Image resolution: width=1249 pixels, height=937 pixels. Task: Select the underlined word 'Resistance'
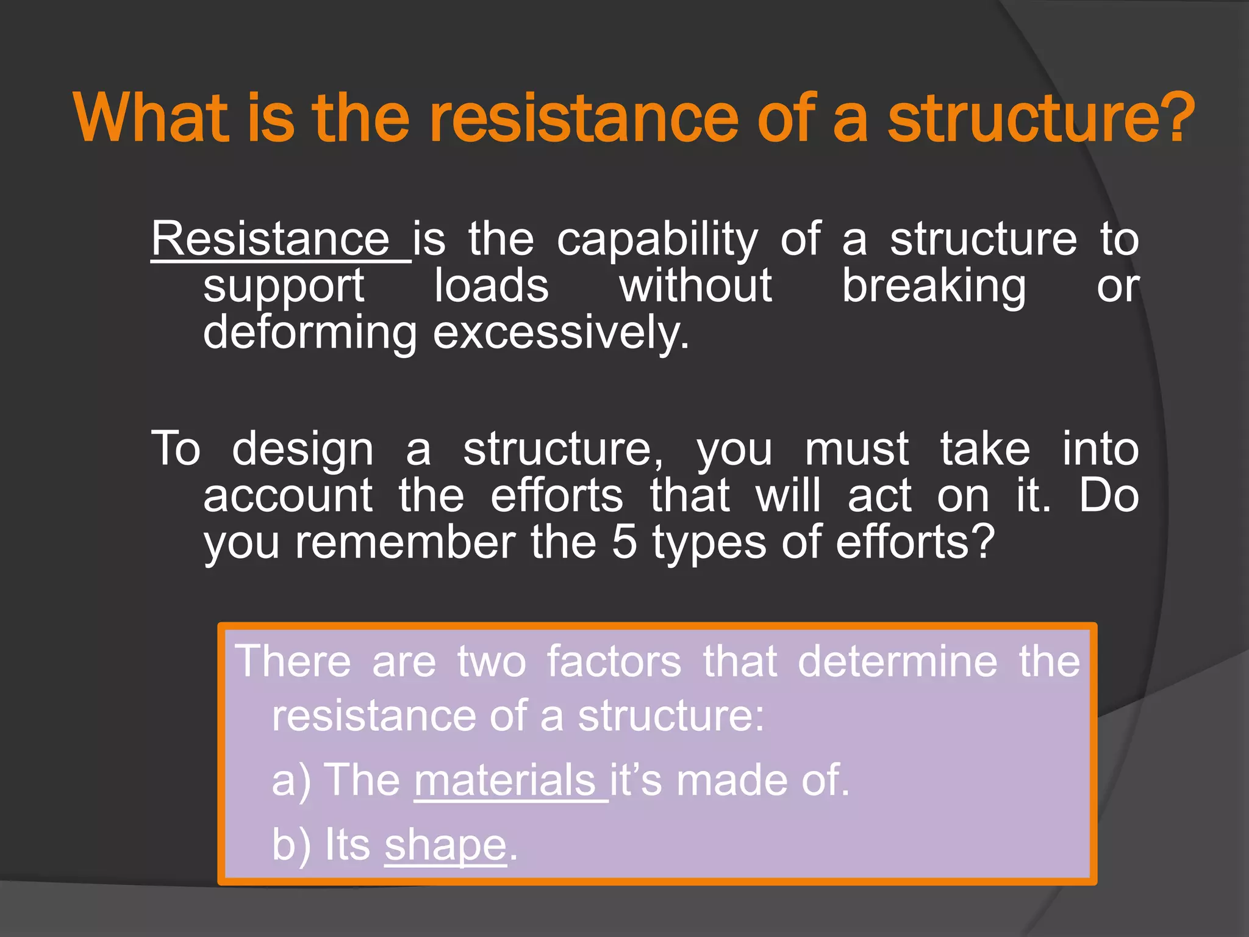tap(271, 239)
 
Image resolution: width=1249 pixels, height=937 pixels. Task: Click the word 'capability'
tap(657, 240)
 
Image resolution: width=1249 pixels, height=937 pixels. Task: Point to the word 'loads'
tap(491, 285)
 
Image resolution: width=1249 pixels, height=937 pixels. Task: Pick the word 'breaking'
tap(934, 287)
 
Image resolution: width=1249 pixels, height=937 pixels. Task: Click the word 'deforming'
tap(310, 333)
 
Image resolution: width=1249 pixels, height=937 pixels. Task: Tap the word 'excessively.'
tap(561, 333)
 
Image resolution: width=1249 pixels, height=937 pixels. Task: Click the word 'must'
tap(856, 449)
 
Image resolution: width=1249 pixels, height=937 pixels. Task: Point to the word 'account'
tap(288, 495)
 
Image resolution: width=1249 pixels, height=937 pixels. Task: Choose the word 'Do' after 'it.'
tap(1108, 495)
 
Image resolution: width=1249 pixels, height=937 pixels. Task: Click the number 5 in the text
tap(624, 542)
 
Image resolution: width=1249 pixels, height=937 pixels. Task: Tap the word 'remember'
tap(405, 542)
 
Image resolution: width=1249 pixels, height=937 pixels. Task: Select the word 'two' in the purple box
tap(492, 661)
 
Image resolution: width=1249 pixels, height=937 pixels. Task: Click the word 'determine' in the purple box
tap(897, 661)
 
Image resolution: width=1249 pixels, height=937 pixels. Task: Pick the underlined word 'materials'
tap(505, 780)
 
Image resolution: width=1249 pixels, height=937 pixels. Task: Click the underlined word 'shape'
tap(445, 845)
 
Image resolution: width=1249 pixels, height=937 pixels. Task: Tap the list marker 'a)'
tap(291, 781)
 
